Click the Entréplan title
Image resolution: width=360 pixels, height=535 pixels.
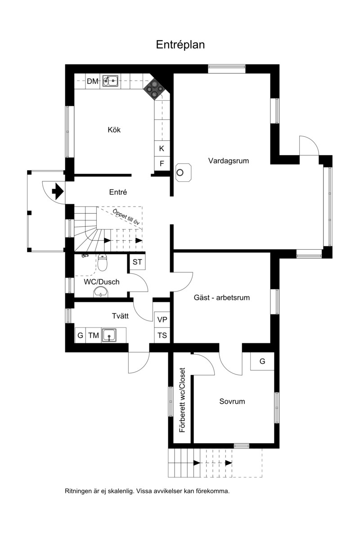pyautogui.click(x=180, y=45)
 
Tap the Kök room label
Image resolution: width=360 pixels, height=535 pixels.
pyautogui.click(x=114, y=130)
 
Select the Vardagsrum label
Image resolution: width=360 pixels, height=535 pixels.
pyautogui.click(x=229, y=161)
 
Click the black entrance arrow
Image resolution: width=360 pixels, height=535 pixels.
pyautogui.click(x=58, y=192)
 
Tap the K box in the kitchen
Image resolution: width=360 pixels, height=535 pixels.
pyautogui.click(x=162, y=148)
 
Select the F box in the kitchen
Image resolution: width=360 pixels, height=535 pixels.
pyautogui.click(x=162, y=164)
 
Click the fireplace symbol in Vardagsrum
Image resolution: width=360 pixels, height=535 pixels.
pyautogui.click(x=183, y=173)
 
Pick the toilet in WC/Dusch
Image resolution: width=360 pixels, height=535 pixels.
pyautogui.click(x=102, y=263)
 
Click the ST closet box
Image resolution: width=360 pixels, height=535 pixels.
pyautogui.click(x=137, y=262)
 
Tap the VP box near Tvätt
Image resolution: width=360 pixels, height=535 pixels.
pyautogui.click(x=162, y=320)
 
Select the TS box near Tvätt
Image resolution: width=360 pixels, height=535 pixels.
pyautogui.click(x=162, y=335)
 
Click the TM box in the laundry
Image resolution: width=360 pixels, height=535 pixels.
pyautogui.click(x=94, y=335)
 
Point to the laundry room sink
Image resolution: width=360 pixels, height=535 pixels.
pyautogui.click(x=109, y=335)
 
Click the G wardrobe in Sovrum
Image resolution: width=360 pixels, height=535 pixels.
pyautogui.click(x=262, y=361)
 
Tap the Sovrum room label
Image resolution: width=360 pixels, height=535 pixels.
pyautogui.click(x=232, y=402)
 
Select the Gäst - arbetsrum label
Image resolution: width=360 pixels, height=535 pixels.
pyautogui.click(x=222, y=297)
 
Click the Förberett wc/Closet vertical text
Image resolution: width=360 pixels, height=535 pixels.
pyautogui.click(x=182, y=400)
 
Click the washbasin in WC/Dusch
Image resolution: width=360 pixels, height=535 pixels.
pyautogui.click(x=101, y=292)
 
